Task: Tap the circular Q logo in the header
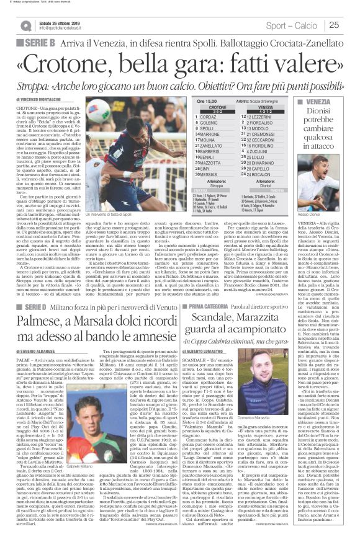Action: [25, 25]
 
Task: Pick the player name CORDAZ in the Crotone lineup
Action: [207, 117]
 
